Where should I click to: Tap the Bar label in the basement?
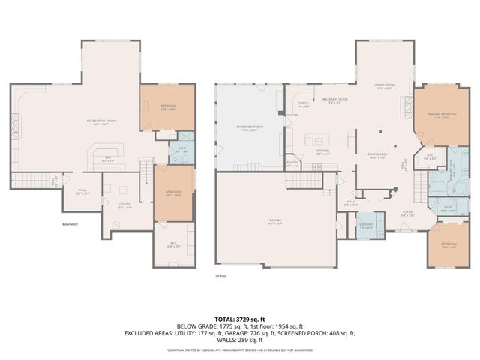(108, 158)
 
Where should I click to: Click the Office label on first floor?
(303, 105)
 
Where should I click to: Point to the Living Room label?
(385, 86)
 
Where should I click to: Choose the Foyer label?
(407, 212)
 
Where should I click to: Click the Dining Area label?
(377, 156)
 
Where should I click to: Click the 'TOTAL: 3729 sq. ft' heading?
(240, 319)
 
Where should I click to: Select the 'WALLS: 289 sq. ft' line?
(240, 340)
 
